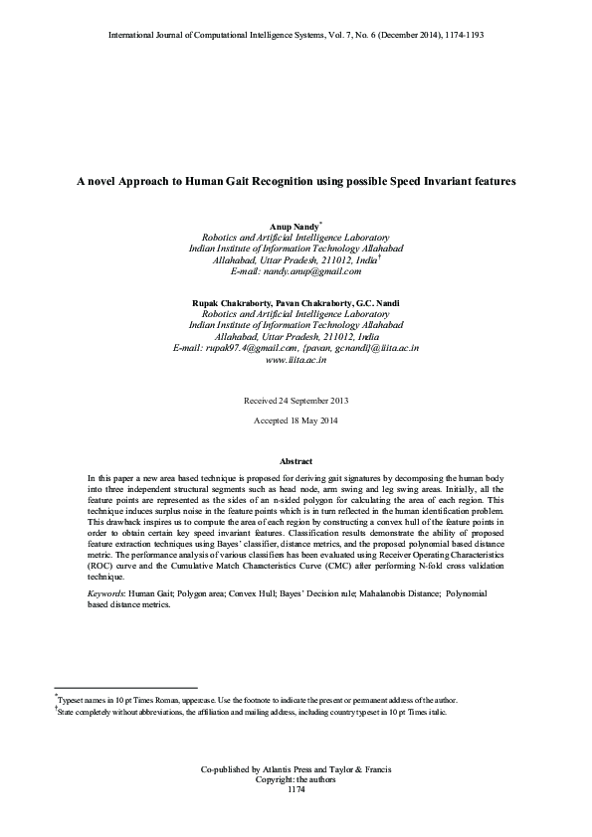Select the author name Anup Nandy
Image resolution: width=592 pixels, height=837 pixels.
point(294,228)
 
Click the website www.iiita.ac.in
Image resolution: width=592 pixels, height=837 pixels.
point(296,360)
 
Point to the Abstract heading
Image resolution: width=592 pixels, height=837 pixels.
point(296,462)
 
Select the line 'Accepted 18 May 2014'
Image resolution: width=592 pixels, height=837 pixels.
point(296,422)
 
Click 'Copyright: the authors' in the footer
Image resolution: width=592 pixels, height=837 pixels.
point(296,779)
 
